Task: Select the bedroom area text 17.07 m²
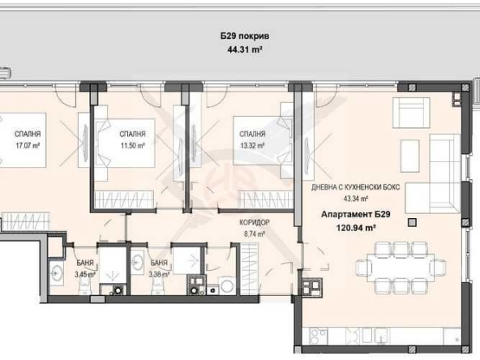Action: click(28, 146)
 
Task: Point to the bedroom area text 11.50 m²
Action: click(132, 146)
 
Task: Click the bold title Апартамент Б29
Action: click(351, 215)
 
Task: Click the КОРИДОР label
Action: click(254, 223)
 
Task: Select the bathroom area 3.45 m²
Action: click(84, 275)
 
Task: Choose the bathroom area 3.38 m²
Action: click(160, 275)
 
